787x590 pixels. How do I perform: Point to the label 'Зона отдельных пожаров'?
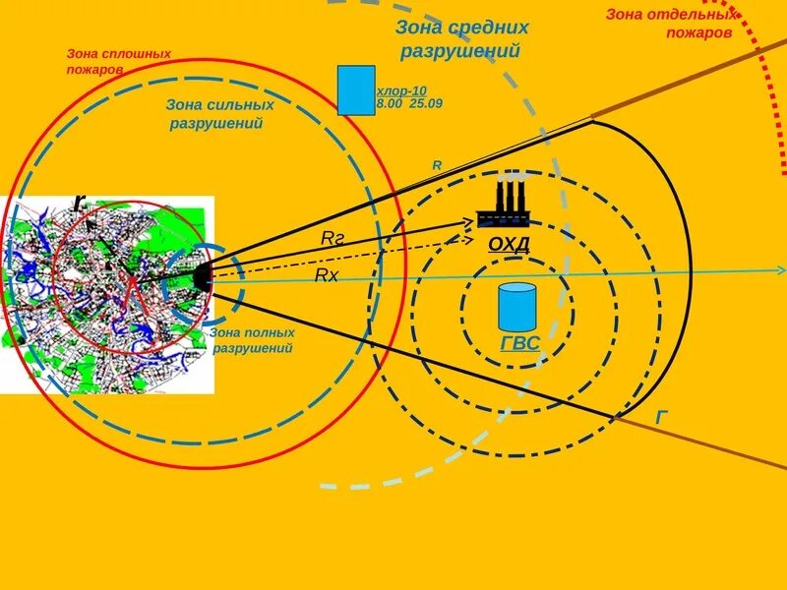pos(670,23)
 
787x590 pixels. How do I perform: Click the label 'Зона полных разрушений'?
pos(252,340)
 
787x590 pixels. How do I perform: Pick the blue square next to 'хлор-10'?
pos(355,90)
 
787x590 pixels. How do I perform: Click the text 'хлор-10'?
pos(401,90)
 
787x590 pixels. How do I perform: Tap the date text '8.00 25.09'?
pos(409,102)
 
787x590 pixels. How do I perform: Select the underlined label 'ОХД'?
pos(509,244)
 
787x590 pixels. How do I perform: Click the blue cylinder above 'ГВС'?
pos(516,306)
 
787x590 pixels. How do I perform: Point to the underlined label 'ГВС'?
pos(519,343)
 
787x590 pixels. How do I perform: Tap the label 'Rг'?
pos(333,238)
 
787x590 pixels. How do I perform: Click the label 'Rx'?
pos(327,275)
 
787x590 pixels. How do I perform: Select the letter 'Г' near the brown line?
pos(662,417)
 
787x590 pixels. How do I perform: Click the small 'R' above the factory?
pos(437,165)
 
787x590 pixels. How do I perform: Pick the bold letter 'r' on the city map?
pos(79,203)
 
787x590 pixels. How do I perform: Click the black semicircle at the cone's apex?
pos(203,276)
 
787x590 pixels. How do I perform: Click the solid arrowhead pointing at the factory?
pos(468,222)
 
